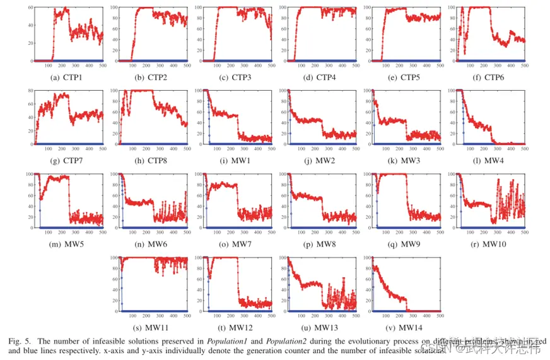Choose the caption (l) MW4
coord(491,161)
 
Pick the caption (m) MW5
coord(66,244)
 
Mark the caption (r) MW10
coord(491,244)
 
